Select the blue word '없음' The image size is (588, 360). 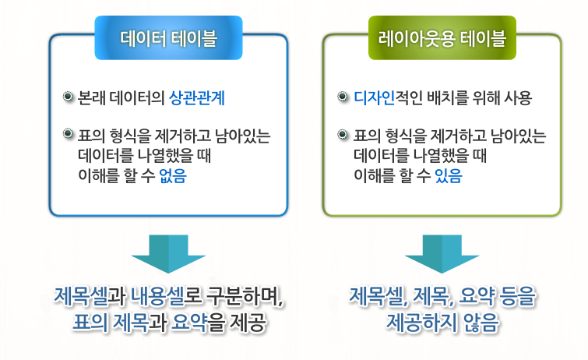173,175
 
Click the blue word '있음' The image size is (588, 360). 448,175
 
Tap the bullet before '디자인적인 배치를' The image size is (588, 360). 343,98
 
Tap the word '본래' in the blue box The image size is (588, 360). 91,99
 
